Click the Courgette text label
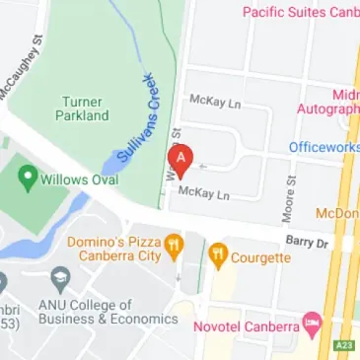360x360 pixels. click(x=260, y=257)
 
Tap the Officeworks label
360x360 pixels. click(x=324, y=147)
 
